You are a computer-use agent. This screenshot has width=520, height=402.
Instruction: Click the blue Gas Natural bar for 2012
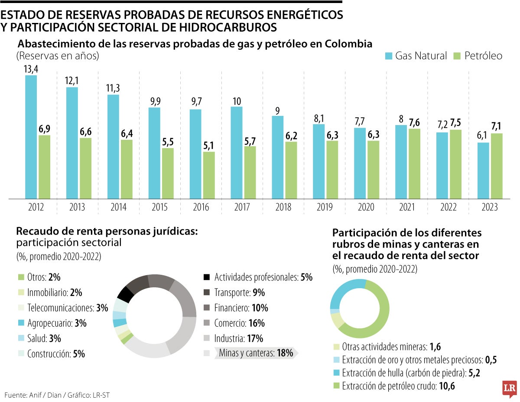[31, 137]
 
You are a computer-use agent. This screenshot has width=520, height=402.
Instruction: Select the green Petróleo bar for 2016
[209, 175]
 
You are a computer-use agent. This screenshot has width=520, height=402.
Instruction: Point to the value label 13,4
[31, 69]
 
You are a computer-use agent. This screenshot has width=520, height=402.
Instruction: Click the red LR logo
[509, 388]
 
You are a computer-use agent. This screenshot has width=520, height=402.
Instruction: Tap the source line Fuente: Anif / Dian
[55, 395]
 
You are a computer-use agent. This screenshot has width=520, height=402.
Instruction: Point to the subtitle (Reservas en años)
[58, 56]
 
